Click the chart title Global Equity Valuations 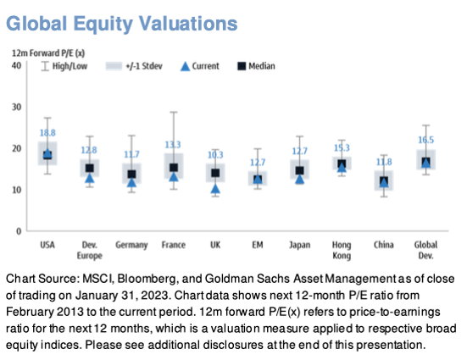point(122,24)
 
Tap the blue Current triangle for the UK point(215,189)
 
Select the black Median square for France point(174,168)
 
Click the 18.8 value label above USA point(47,133)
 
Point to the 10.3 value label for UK point(215,155)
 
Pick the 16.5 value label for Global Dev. point(426,140)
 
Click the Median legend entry point(256,66)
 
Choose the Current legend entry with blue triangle point(200,66)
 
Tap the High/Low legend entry point(64,66)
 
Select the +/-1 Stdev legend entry point(134,66)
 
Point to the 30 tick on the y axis point(17,108)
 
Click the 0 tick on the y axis point(19,231)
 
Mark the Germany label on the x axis point(131,246)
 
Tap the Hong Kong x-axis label point(342,251)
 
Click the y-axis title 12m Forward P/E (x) point(48,53)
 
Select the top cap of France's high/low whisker point(174,113)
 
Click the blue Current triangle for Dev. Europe point(90,178)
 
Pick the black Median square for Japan point(300,170)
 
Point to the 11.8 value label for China point(384,162)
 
